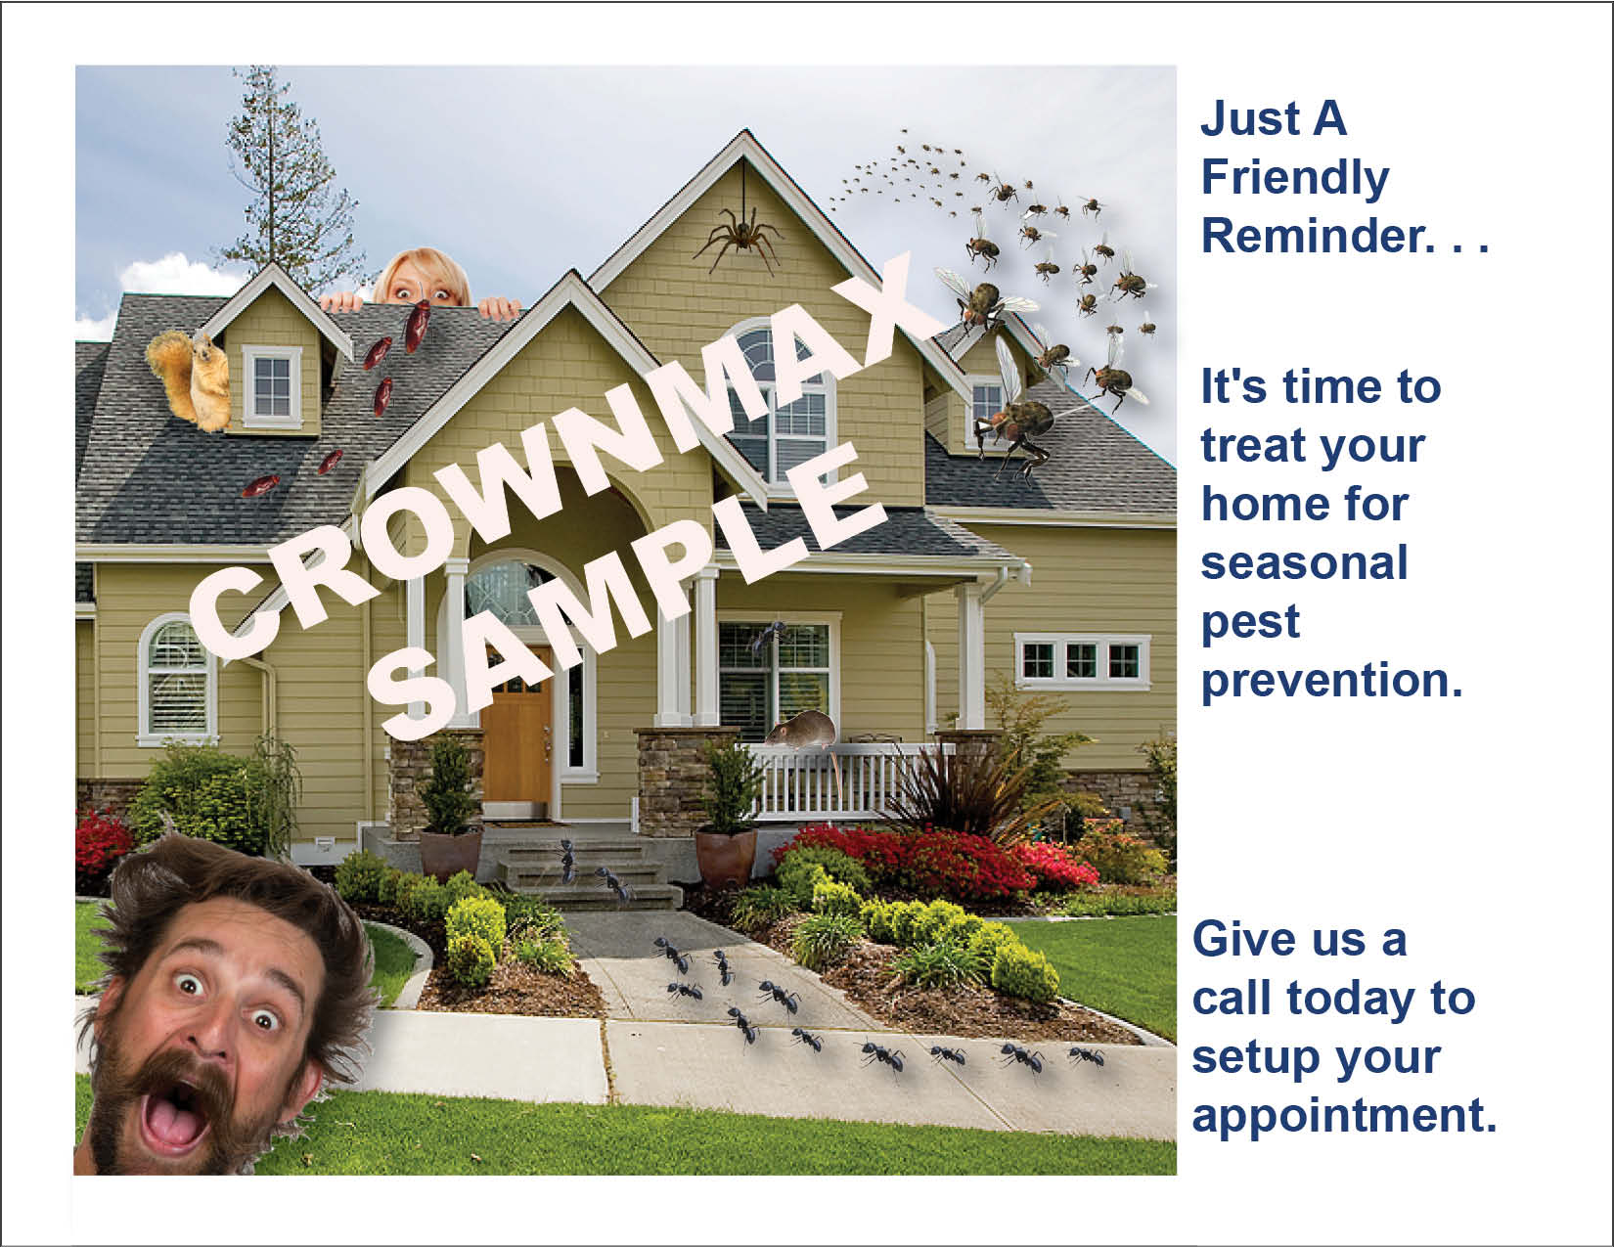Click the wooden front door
[517, 732]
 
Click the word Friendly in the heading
[1294, 178]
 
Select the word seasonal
[1304, 562]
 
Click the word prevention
[1331, 680]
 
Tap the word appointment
[1344, 1116]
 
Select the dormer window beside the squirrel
[272, 386]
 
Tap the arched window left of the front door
[177, 678]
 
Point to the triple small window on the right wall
[1082, 660]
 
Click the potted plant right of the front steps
[728, 817]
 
